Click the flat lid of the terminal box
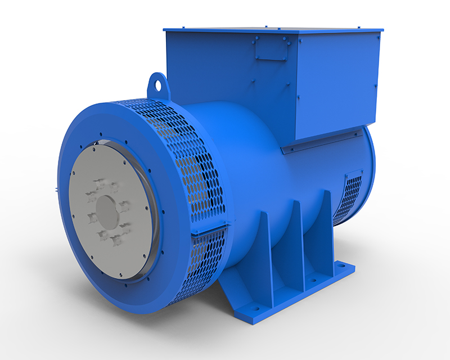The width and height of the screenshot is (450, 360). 270,28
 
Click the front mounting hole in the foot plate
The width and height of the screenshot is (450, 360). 256,308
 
